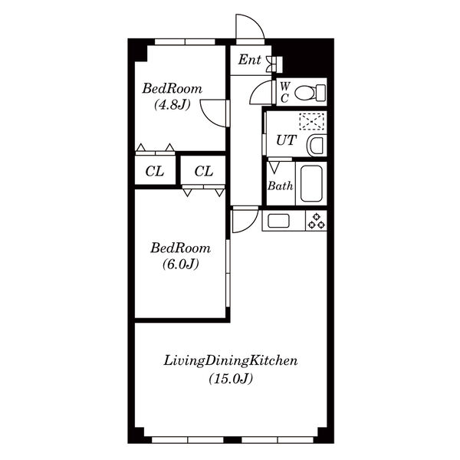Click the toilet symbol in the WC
click(x=310, y=93)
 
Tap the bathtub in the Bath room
click(x=311, y=184)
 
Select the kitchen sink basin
click(x=278, y=221)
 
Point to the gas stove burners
click(x=316, y=221)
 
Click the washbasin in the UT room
click(x=317, y=146)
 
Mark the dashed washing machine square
click(x=311, y=121)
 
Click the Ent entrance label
click(x=249, y=60)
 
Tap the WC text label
click(x=285, y=93)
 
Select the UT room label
click(x=286, y=140)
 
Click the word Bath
click(x=280, y=186)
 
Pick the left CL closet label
click(x=155, y=171)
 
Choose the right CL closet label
click(x=204, y=171)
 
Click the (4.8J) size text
click(x=172, y=105)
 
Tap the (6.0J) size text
click(x=181, y=264)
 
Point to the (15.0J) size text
click(x=231, y=379)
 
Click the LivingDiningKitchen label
click(x=231, y=360)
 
